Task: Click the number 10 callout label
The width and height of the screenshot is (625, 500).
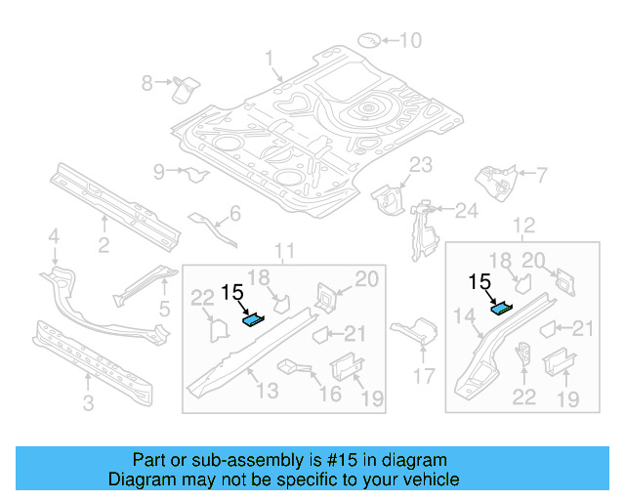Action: click(x=410, y=40)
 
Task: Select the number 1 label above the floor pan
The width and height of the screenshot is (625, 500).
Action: click(x=270, y=59)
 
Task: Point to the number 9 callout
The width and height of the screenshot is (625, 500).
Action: click(x=159, y=173)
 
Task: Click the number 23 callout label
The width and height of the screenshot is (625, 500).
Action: click(x=420, y=164)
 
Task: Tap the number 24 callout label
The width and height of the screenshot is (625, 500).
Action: click(x=467, y=210)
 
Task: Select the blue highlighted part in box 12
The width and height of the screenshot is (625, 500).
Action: click(x=500, y=309)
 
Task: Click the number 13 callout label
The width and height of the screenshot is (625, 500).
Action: click(x=266, y=390)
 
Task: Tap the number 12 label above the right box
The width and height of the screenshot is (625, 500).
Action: click(x=523, y=227)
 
